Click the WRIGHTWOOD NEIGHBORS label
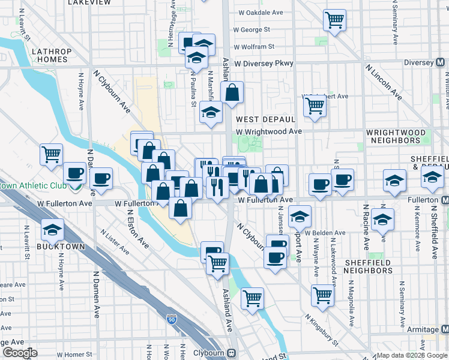click(x=396, y=136)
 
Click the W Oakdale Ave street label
click(x=261, y=12)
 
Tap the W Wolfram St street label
click(x=254, y=46)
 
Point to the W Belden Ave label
click(x=325, y=233)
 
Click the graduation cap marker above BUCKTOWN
click(x=52, y=230)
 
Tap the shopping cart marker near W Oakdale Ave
click(x=334, y=20)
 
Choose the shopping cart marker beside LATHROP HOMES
click(x=51, y=154)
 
